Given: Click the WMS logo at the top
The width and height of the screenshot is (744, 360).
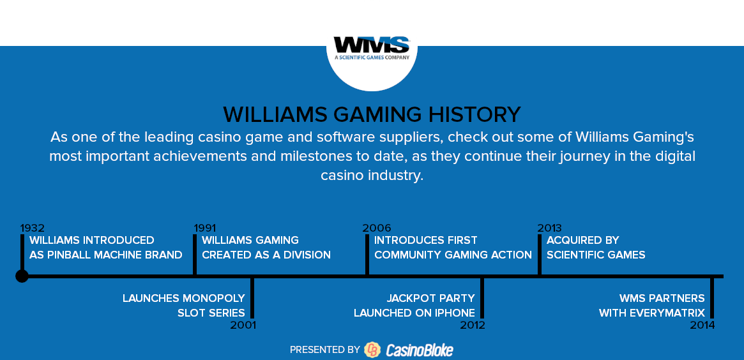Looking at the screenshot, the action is (x=372, y=48).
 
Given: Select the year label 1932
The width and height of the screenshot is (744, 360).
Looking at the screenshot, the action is (x=33, y=228).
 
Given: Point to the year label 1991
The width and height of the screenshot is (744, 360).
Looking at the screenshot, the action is (x=205, y=228).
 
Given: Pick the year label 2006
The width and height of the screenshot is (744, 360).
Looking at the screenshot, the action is (x=377, y=228).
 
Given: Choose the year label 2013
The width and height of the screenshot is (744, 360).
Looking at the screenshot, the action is (x=549, y=228).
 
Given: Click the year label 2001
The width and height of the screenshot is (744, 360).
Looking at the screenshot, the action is (x=243, y=325).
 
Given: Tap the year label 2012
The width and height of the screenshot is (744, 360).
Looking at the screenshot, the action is (x=473, y=325).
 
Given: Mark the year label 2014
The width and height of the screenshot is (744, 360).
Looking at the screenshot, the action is (x=702, y=325).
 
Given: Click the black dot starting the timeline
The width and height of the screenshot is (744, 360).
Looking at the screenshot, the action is (x=22, y=276).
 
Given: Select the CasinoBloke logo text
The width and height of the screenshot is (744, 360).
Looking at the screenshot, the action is (x=420, y=350).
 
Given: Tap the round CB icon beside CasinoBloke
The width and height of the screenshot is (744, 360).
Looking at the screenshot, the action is (x=372, y=350).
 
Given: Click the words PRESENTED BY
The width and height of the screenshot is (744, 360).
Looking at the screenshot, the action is (x=325, y=350).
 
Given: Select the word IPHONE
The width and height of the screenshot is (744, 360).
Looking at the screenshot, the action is (x=457, y=313).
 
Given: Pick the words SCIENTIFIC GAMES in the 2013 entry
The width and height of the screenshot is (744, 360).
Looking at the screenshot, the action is (x=596, y=255).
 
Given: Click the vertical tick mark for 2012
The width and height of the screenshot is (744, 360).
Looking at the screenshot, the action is (x=482, y=298).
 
